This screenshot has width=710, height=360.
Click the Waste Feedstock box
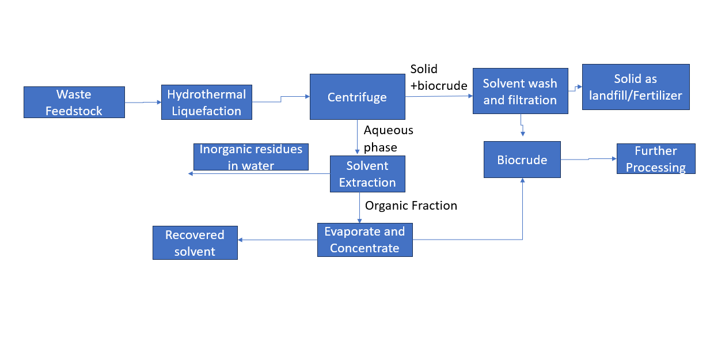[x=74, y=102]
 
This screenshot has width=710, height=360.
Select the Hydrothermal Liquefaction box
[x=206, y=103]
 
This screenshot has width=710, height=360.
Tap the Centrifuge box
[x=357, y=97]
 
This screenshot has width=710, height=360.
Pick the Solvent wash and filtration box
[x=520, y=91]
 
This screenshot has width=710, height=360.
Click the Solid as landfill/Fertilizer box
[x=635, y=86]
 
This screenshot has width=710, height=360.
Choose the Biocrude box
[x=522, y=160]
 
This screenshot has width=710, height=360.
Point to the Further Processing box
[x=655, y=158]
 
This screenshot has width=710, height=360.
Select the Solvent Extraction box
[x=367, y=174]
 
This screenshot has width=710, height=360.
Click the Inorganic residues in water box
[x=250, y=157]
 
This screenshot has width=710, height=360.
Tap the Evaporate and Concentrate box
[x=365, y=240]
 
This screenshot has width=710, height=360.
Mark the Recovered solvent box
[x=195, y=242]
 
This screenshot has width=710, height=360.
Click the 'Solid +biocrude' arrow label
[x=438, y=77]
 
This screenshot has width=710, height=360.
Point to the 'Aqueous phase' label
[x=388, y=139]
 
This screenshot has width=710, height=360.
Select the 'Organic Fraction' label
[x=411, y=206]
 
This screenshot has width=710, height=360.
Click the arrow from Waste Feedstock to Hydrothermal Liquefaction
[x=143, y=103]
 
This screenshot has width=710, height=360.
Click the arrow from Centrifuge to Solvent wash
[x=439, y=96]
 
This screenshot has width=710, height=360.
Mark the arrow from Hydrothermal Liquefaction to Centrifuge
[x=281, y=100]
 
